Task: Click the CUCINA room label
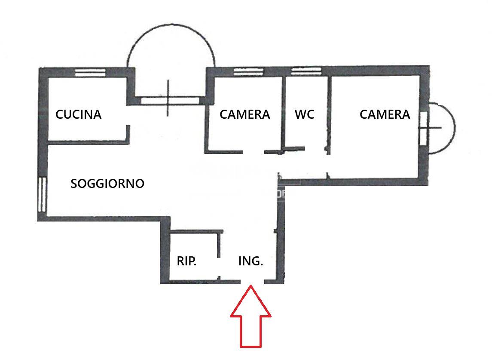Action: tap(79, 114)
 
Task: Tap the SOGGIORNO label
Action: tap(107, 184)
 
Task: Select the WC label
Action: tap(304, 114)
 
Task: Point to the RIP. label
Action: tap(186, 261)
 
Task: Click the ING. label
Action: tap(251, 261)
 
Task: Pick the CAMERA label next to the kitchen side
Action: tap(245, 114)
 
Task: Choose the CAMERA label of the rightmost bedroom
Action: tap(385, 114)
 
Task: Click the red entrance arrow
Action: tap(251, 316)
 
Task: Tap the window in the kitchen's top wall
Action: tap(90, 72)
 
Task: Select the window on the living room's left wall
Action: tap(43, 194)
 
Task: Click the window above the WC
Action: tap(306, 71)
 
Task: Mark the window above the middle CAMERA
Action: tap(248, 72)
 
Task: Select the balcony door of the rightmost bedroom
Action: tap(423, 128)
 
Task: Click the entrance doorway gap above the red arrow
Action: tap(252, 281)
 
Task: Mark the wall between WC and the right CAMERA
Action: tap(329, 115)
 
